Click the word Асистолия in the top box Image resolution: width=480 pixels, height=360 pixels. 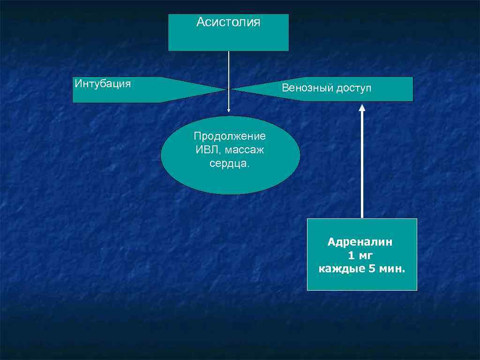[228, 22]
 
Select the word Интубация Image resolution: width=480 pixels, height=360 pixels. [103, 84]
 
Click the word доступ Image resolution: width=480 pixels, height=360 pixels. [353, 88]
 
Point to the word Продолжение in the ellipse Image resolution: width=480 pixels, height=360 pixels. [230, 136]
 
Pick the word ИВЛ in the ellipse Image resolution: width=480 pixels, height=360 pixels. [204, 150]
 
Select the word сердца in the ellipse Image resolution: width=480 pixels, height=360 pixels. [229, 164]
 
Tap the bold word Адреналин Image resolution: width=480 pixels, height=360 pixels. [360, 242]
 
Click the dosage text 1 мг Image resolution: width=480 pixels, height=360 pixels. [360, 256]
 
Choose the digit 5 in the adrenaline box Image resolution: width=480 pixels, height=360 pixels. [372, 270]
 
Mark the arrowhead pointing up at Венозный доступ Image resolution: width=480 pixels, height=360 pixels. [362, 107]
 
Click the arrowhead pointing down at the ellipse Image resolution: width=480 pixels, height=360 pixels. [229, 111]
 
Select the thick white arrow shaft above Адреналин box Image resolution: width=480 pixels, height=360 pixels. [362, 164]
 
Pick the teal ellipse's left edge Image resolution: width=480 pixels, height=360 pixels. [161, 155]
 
